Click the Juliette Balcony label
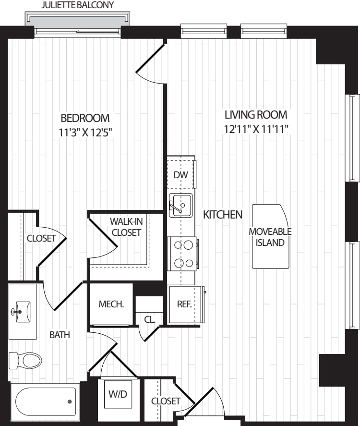tap(78, 6)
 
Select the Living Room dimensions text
tap(256, 129)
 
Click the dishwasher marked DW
tap(181, 174)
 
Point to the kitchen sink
tap(180, 206)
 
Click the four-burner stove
tap(183, 254)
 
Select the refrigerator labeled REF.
tap(184, 304)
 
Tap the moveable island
tap(270, 236)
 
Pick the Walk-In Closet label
tap(126, 227)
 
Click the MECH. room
tap(111, 304)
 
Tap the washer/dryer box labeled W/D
tap(118, 395)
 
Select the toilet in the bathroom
tap(26, 360)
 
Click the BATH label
tap(60, 335)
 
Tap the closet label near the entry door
tap(166, 401)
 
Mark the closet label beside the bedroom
tap(41, 238)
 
